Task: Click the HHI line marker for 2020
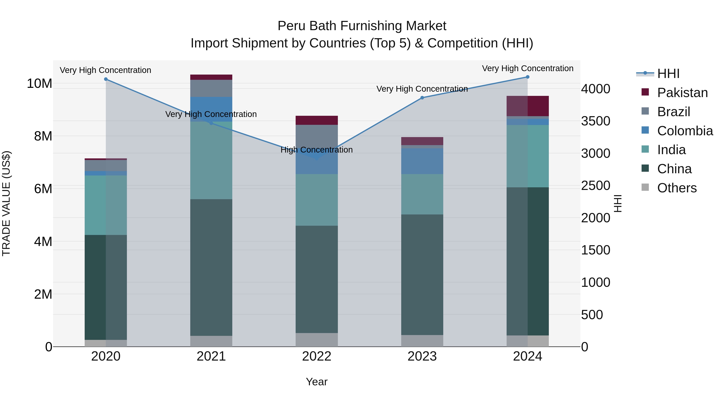(106, 79)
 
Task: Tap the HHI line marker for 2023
(422, 98)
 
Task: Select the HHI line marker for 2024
(528, 77)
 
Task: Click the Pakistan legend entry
(682, 93)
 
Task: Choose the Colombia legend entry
(685, 131)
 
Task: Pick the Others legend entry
(677, 188)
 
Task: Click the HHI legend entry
(668, 74)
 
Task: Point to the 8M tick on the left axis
(43, 136)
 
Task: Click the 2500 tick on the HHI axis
(595, 186)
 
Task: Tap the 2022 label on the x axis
(317, 356)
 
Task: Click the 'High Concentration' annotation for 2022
(317, 150)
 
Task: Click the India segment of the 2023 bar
(422, 194)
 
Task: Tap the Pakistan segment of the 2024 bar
(528, 106)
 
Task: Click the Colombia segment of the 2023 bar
(422, 161)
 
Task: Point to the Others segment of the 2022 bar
(317, 340)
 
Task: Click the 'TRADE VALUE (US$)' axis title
(6, 203)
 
